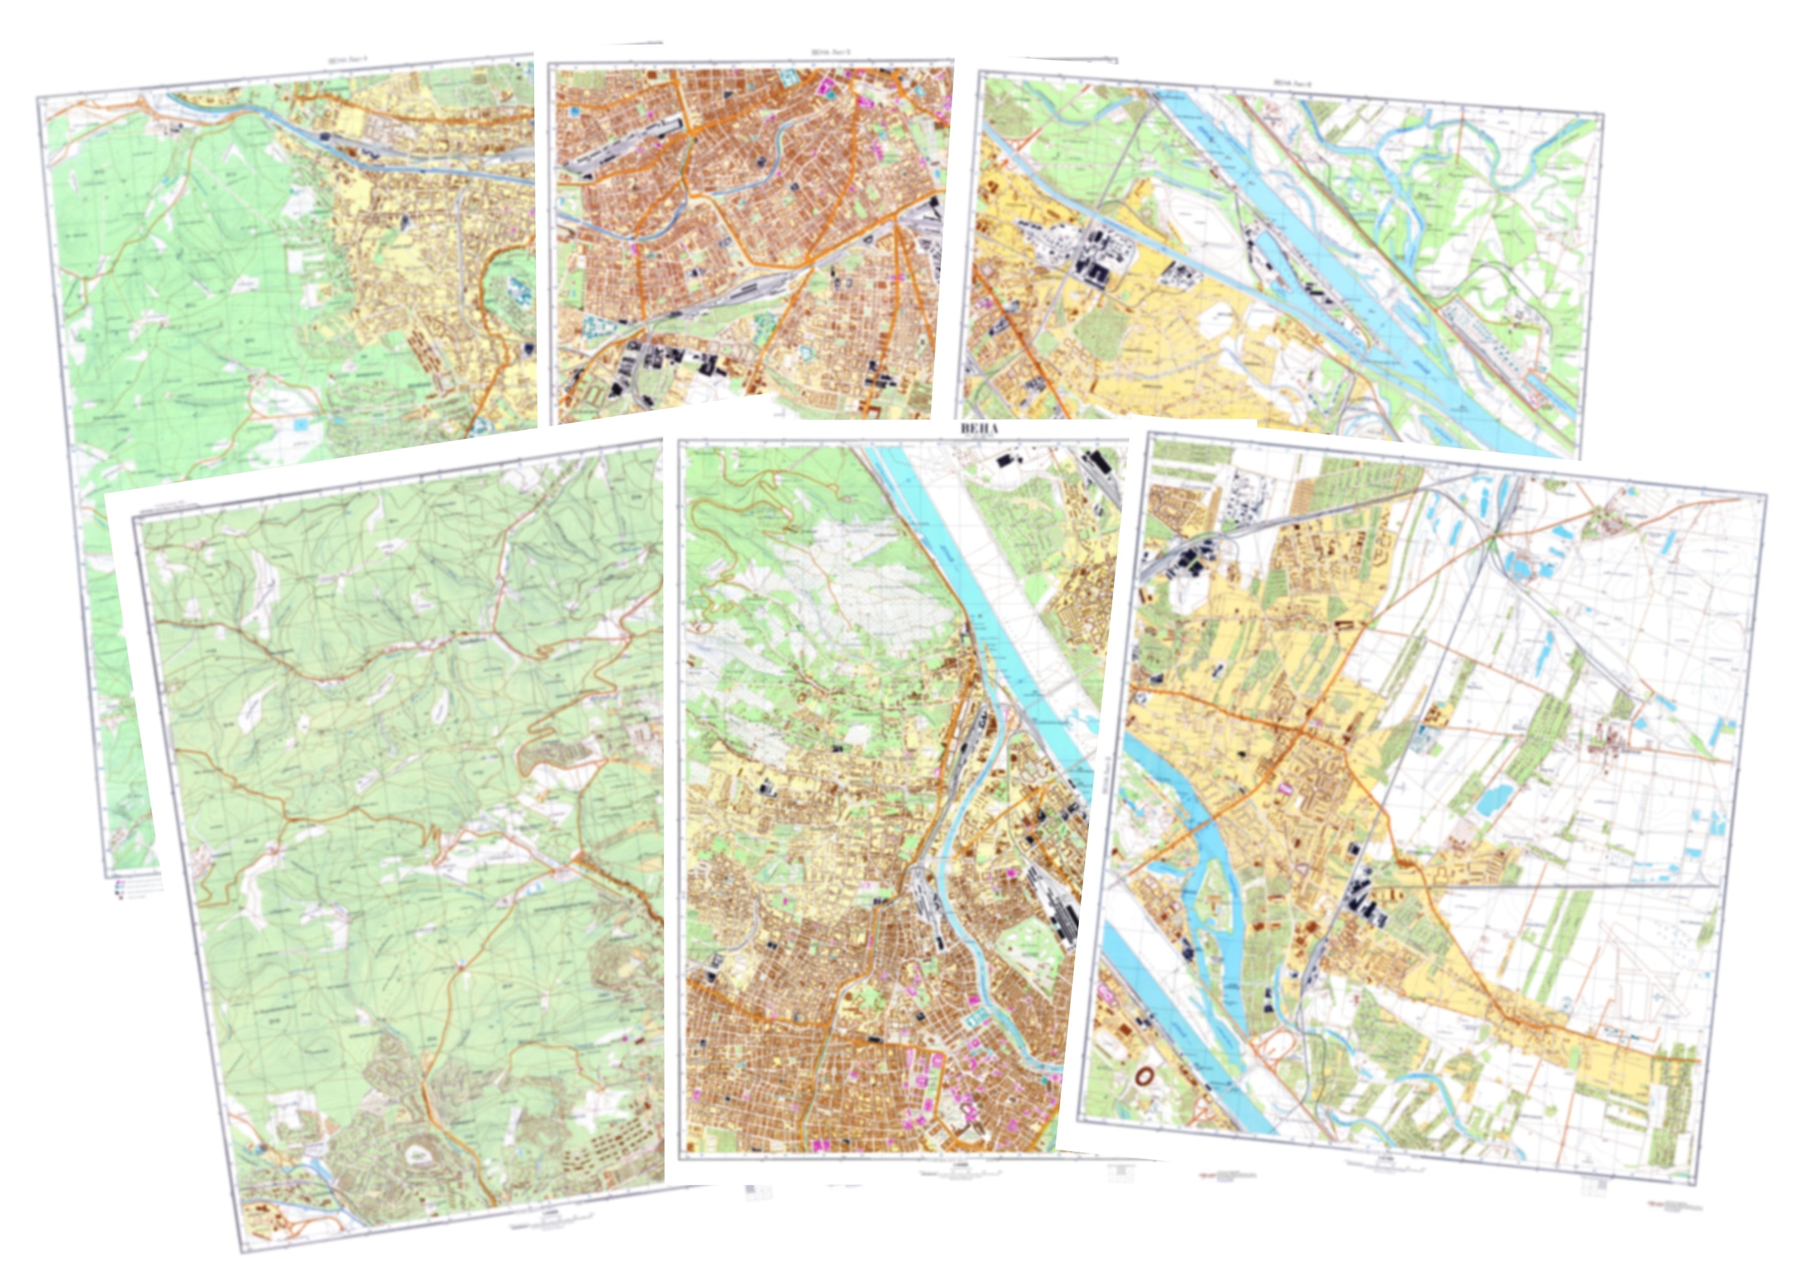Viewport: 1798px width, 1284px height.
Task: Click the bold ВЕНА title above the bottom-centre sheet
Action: click(979, 429)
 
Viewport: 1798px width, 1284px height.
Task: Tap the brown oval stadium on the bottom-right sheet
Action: click(1144, 1075)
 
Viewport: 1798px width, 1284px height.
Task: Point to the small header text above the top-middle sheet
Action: click(831, 53)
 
